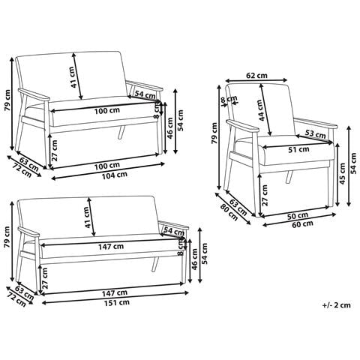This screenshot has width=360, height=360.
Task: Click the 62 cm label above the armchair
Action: [x=256, y=75]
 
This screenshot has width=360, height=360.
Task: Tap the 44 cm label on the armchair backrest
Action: [x=261, y=110]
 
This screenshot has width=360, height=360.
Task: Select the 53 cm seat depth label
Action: [x=316, y=134]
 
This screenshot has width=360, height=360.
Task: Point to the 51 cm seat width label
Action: [x=298, y=150]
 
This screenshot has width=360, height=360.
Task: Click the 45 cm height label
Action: [x=342, y=173]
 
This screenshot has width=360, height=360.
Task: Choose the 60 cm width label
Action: [x=302, y=223]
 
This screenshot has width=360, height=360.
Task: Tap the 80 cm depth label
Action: [x=229, y=212]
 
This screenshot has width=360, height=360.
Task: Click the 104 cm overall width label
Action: [x=115, y=175]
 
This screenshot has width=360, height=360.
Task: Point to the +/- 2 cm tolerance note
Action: [x=337, y=305]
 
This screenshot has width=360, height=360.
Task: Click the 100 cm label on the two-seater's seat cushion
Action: [x=107, y=110]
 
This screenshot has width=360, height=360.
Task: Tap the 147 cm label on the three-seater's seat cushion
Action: [x=111, y=247]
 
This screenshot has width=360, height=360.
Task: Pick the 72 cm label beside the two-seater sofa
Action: [x=22, y=170]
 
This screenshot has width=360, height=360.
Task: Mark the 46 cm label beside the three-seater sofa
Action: [x=194, y=259]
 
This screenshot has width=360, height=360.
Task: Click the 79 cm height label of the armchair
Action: [x=214, y=133]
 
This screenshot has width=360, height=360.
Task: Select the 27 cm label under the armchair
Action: [x=265, y=195]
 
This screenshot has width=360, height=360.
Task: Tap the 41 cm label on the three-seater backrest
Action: [x=86, y=217]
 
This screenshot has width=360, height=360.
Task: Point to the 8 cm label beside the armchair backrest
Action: [x=229, y=100]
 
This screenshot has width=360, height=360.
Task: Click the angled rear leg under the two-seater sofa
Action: [x=121, y=132]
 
